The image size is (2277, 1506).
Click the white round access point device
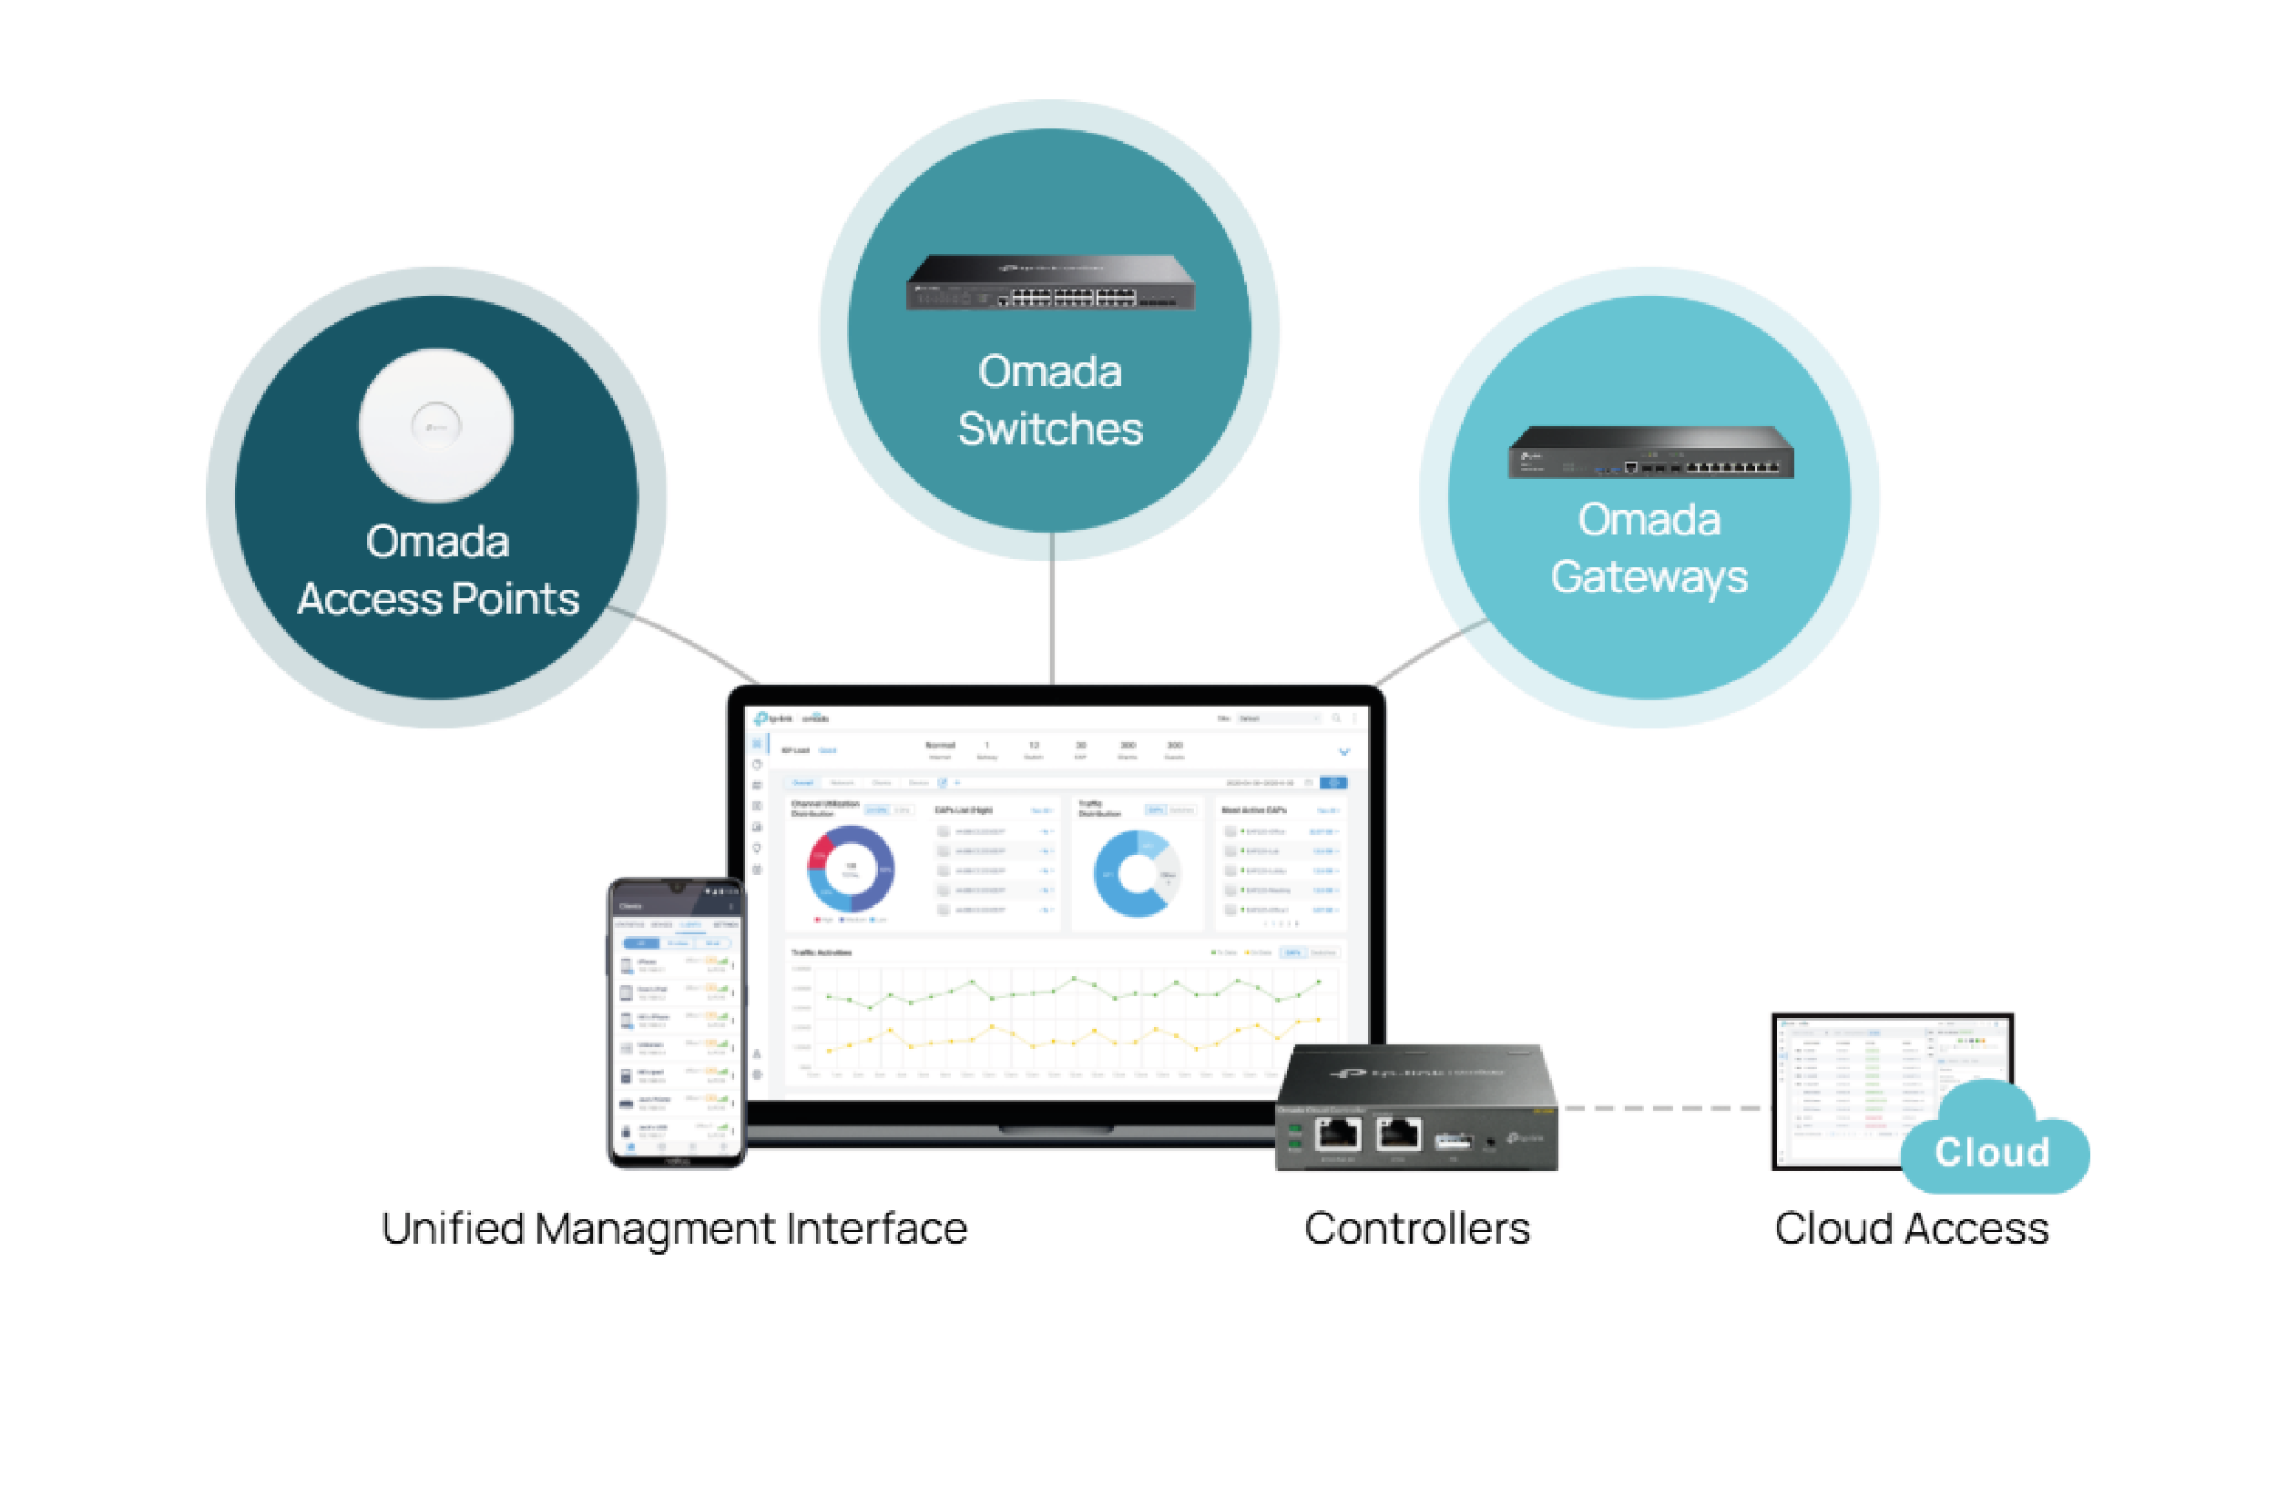pos(436,424)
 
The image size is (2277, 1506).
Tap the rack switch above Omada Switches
pos(1049,282)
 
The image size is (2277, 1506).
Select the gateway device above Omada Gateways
pos(1649,452)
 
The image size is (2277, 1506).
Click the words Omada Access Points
pos(437,571)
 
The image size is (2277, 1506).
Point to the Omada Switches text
pos(1049,400)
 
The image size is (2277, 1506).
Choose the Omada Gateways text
pos(1649,547)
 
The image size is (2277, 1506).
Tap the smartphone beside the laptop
pos(677,1023)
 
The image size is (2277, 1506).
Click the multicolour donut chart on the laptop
pos(851,870)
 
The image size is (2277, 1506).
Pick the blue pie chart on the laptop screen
pos(1136,873)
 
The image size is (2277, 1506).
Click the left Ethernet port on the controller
pos(1337,1135)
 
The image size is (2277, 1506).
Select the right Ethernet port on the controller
pos(1399,1135)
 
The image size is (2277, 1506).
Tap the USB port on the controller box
pos(1453,1141)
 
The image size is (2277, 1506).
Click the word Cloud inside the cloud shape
pos(1993,1152)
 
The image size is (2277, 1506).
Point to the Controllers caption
pos(1416,1228)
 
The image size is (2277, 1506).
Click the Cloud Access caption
pos(1911,1228)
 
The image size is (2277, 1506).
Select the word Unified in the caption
pos(452,1228)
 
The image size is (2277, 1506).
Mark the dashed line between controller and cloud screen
pos(1663,1108)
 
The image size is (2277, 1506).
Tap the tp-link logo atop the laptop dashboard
pos(774,718)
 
